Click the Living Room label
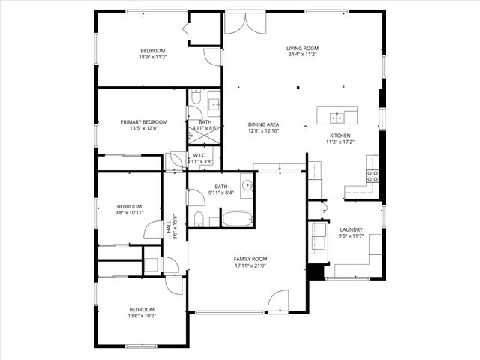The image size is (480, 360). point(302,49)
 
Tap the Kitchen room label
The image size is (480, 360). point(339,136)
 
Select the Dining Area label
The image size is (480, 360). point(264,124)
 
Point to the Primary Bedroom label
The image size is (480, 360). point(144,121)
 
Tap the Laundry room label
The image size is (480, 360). point(351,230)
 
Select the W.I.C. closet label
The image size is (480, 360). point(199,155)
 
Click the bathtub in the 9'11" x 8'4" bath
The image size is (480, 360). point(237,219)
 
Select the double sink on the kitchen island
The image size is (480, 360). point(338,116)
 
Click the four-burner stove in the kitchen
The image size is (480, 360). point(372,176)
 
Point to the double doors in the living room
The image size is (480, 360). point(244,22)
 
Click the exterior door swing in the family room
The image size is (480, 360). point(278,301)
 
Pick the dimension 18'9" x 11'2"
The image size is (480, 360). point(152,57)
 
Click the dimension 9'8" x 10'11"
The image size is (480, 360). point(129,212)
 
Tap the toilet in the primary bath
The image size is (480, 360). point(194,98)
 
